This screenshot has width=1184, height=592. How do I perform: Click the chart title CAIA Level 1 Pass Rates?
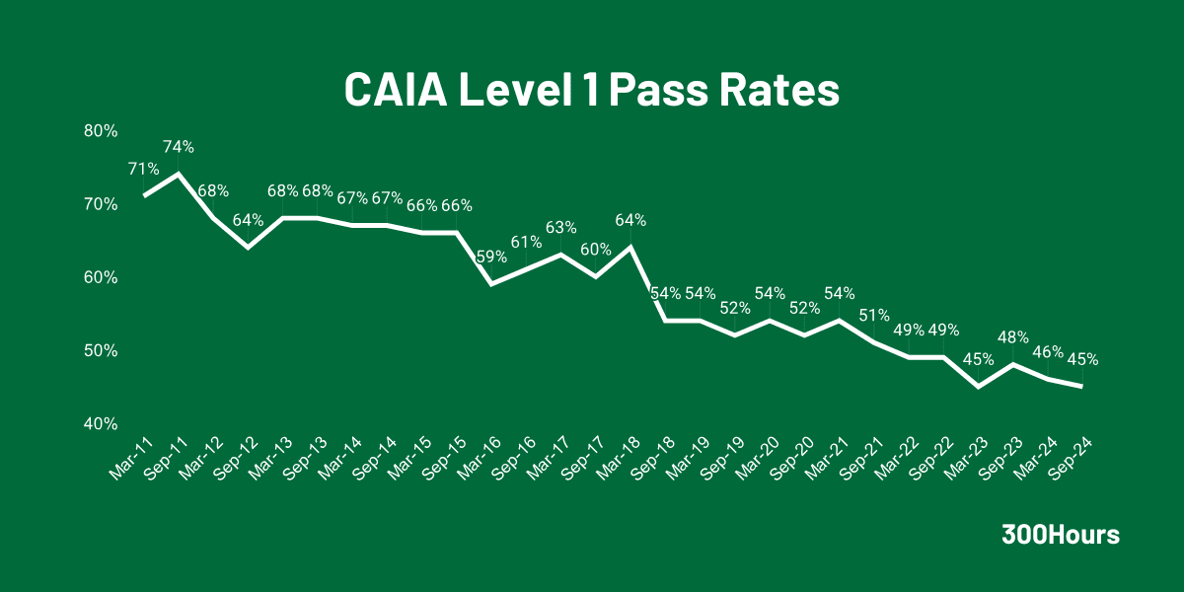591,90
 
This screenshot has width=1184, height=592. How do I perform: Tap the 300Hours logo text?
1061,535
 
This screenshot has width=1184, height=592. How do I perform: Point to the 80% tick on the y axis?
101,130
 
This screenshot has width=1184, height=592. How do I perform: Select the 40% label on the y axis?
101,423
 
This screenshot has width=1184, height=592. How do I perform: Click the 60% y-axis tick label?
101,277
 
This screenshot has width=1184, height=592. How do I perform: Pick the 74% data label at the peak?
179,147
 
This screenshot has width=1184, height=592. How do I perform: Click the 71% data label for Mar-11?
143,169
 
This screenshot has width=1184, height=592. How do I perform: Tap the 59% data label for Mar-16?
491,257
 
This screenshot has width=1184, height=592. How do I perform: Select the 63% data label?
561,228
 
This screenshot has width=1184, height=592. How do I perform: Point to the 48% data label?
1013,336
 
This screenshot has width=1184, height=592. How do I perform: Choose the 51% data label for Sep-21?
874,315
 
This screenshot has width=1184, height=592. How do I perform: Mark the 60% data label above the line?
596,249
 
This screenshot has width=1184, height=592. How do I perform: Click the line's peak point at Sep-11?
178,174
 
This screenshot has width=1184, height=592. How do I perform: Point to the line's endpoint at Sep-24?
1082,386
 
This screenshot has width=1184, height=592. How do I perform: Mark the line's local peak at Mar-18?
629,247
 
